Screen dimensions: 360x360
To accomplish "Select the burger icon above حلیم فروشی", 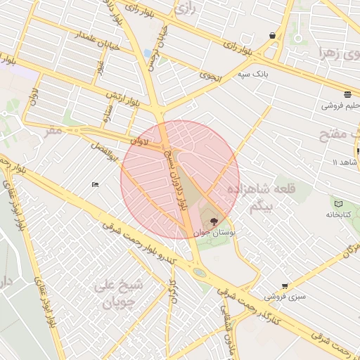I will (347, 94).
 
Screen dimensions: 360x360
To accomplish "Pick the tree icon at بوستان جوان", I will (214, 221).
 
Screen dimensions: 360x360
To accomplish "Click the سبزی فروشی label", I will (290, 297).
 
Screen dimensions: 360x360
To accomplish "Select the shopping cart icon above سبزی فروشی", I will (284, 285).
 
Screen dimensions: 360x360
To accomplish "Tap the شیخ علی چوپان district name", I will (119, 295).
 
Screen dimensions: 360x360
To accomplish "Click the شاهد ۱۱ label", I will (345, 162).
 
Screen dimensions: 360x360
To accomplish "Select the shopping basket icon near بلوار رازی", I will (272, 35).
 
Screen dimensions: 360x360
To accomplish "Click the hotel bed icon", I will (95, 185).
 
